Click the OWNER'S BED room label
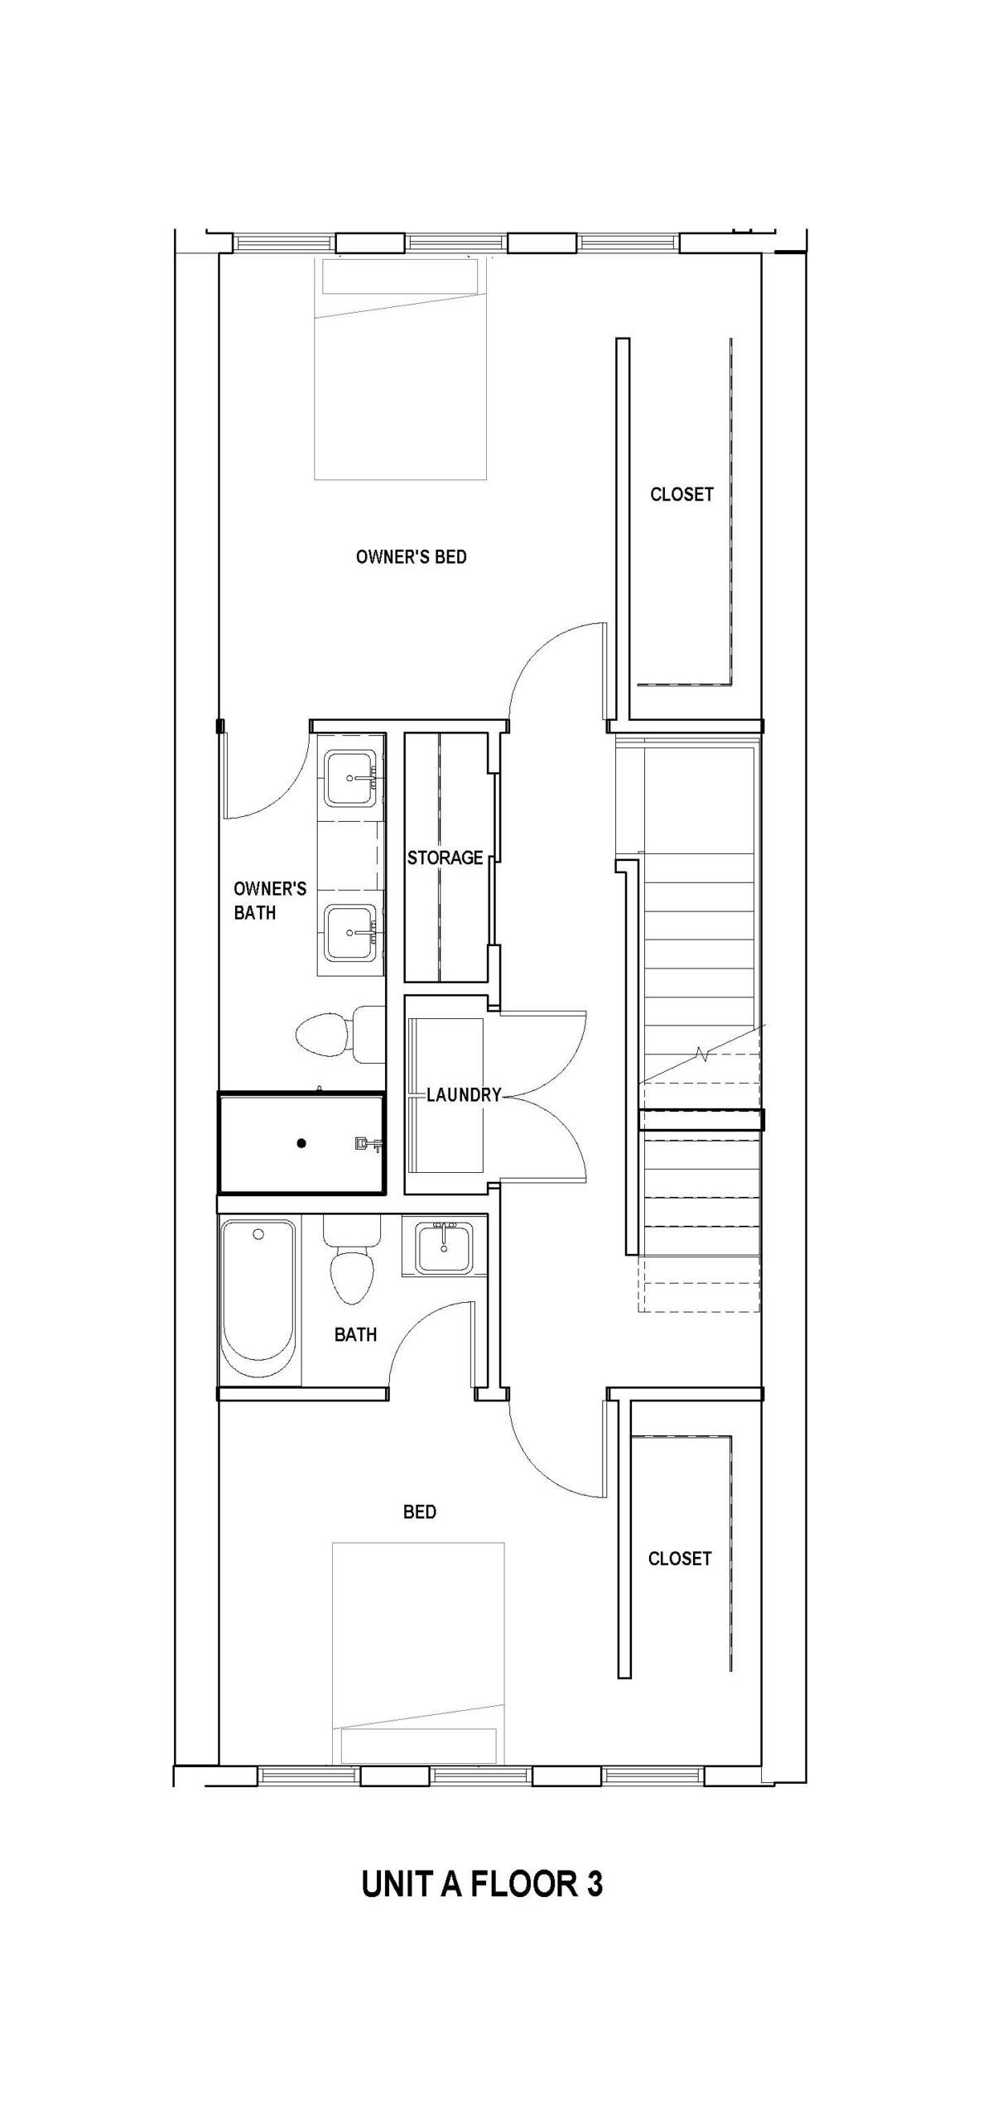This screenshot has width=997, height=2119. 411,557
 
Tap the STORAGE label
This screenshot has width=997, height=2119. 445,858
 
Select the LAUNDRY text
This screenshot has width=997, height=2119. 464,1094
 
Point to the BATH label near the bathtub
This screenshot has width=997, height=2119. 355,1334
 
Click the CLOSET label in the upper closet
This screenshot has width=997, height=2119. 681,494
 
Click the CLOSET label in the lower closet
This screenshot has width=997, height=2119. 679,1559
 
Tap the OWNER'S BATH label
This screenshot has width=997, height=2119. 269,901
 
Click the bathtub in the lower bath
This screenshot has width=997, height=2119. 258,1300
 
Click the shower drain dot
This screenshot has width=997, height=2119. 302,1143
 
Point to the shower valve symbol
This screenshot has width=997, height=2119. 366,1145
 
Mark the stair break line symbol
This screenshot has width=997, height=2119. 702,1055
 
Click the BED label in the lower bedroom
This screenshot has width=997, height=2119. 419,1512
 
